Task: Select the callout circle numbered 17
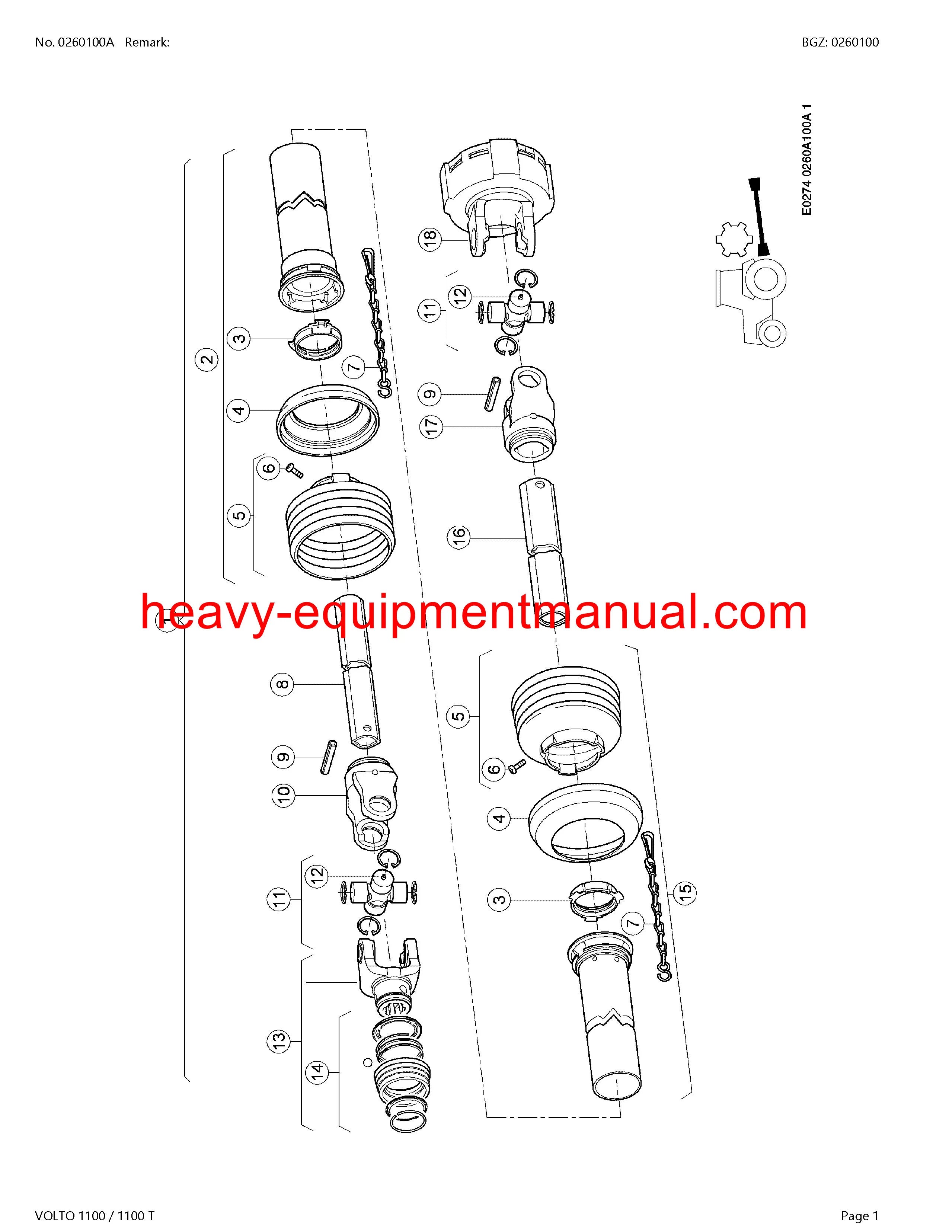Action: point(431,426)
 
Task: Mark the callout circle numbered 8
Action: point(283,684)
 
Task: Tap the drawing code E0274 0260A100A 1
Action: point(806,159)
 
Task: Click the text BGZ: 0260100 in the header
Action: point(840,42)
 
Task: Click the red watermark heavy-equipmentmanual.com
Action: point(473,613)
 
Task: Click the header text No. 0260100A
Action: point(74,42)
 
